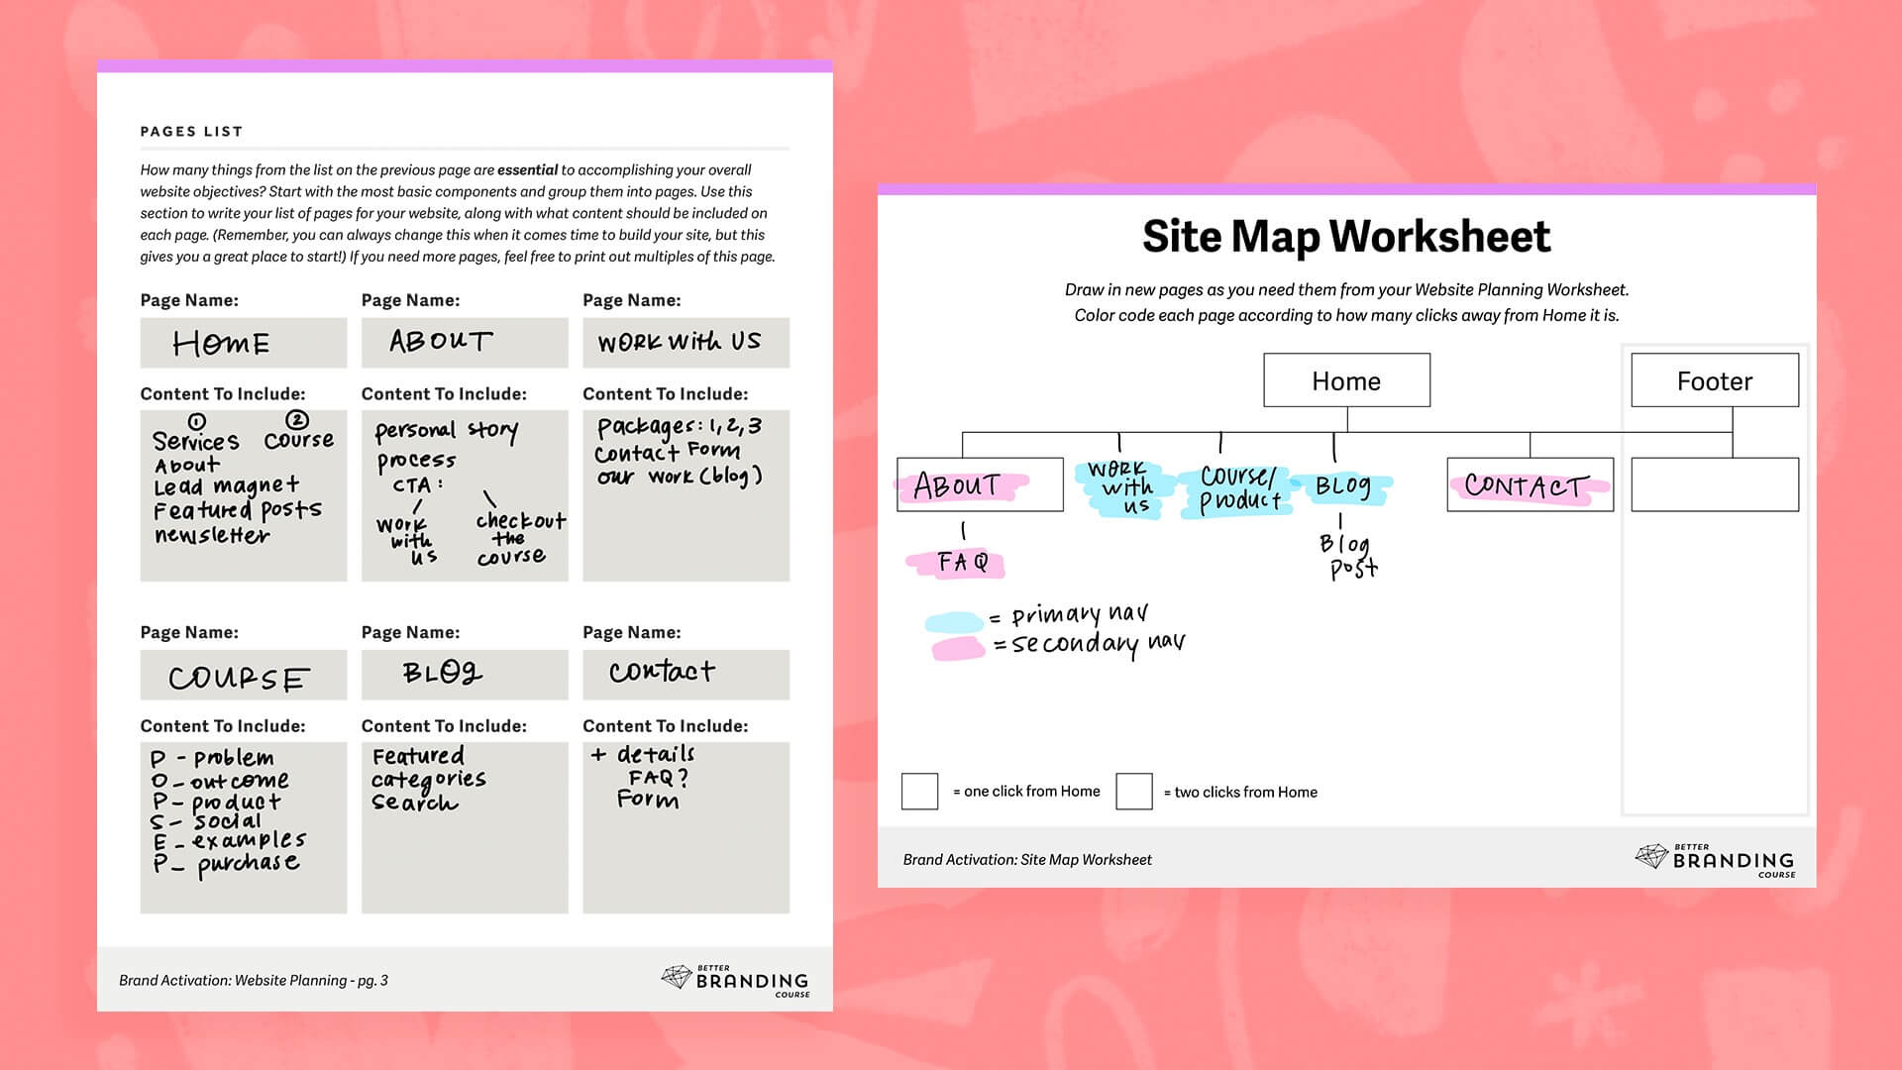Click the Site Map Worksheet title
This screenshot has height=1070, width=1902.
[x=1346, y=237]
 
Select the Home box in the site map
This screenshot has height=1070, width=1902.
[x=1346, y=380]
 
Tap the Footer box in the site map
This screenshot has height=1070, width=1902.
[x=1714, y=380]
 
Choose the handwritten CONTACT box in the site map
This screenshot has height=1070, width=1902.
[x=1529, y=485]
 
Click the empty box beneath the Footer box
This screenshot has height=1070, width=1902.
[x=1714, y=484]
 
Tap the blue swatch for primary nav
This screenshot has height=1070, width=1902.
[x=953, y=623]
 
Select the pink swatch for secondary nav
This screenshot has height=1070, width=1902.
[x=957, y=649]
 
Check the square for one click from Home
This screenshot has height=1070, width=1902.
[x=919, y=792]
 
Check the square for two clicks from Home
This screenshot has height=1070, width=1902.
[x=1133, y=792]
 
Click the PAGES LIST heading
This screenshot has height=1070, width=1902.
[x=191, y=131]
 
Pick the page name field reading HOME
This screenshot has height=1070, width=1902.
[x=243, y=343]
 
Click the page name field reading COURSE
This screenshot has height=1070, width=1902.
[x=243, y=676]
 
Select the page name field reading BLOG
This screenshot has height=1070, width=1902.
[x=464, y=675]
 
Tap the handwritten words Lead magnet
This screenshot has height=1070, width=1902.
[x=226, y=486]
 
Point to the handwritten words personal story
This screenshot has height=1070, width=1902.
[x=446, y=431]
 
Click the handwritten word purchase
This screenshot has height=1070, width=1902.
[x=248, y=863]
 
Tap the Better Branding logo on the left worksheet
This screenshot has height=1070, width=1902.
[x=735, y=980]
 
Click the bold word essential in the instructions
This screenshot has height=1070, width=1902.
[x=527, y=170]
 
